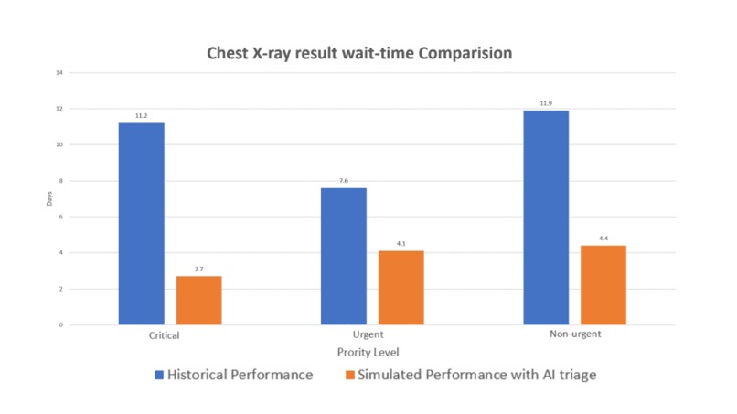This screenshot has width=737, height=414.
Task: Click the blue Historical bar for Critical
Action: [141, 224]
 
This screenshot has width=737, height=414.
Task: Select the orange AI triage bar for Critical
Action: [198, 301]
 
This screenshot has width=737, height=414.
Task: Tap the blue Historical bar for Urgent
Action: [344, 256]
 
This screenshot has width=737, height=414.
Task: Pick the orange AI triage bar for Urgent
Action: [401, 288]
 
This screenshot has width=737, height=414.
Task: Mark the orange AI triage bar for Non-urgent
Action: [603, 285]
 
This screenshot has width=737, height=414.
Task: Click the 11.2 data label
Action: [141, 116]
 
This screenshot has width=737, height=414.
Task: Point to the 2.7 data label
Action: [198, 270]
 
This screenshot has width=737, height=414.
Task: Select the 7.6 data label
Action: [344, 181]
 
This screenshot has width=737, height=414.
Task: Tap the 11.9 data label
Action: [546, 103]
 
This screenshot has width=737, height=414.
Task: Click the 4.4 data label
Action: [603, 239]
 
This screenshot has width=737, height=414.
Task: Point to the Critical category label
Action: [164, 335]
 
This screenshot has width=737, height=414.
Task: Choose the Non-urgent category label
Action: [574, 335]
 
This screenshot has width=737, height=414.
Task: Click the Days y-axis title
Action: [51, 198]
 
